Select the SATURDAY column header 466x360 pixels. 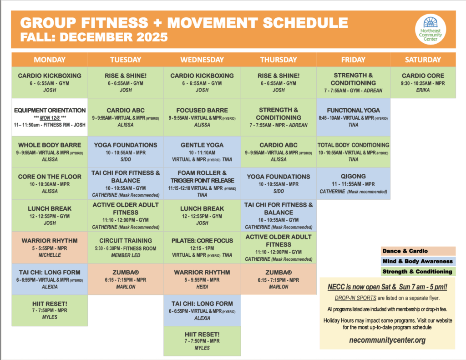click(x=423, y=60)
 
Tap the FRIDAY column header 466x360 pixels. click(x=353, y=60)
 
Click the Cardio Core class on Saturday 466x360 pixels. click(x=423, y=82)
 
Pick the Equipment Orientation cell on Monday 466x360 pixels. click(x=50, y=117)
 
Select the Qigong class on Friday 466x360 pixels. click(x=353, y=183)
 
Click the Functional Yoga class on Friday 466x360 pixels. click(x=353, y=117)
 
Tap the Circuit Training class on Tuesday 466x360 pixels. click(x=126, y=248)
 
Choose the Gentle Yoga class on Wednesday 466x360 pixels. click(x=202, y=152)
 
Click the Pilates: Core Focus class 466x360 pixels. click(x=202, y=247)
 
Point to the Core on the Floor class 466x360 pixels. click(x=50, y=183)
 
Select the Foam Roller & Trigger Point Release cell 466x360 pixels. click(x=202, y=183)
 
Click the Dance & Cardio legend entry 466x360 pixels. click(x=417, y=251)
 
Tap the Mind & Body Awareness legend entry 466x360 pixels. click(x=417, y=261)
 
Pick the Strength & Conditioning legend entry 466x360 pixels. click(x=417, y=272)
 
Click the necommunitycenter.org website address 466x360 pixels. click(x=388, y=340)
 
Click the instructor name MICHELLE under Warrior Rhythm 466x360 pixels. click(x=50, y=255)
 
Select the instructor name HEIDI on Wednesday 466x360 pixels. click(x=202, y=287)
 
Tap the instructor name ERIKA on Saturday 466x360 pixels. click(x=423, y=90)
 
